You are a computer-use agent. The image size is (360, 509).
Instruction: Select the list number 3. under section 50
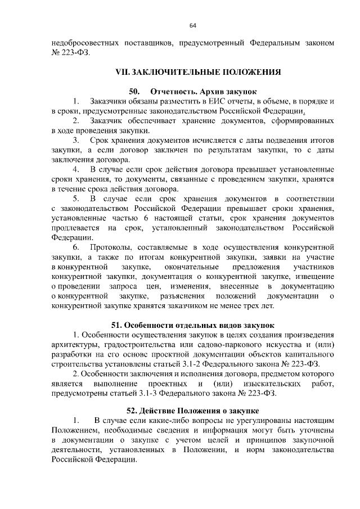76,139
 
